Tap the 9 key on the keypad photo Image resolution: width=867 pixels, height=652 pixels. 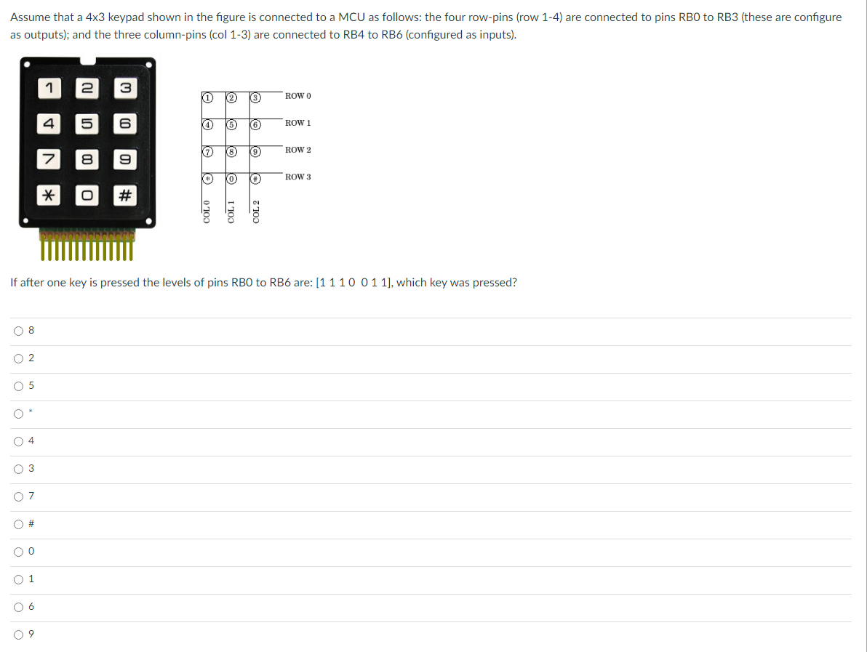124,159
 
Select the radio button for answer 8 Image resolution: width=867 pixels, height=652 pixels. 18,331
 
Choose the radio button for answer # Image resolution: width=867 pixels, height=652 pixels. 18,524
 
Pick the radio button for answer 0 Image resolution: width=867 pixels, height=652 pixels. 18,552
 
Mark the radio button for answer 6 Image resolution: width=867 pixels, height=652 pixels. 18,607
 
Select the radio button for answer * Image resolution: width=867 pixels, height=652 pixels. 18,414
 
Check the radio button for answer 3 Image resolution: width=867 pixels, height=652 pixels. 18,469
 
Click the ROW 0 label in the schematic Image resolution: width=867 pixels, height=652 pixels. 298,96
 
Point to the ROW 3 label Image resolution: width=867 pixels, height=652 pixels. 298,177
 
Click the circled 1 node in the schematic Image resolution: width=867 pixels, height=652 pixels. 207,97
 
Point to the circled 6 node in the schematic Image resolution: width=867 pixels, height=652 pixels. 256,124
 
